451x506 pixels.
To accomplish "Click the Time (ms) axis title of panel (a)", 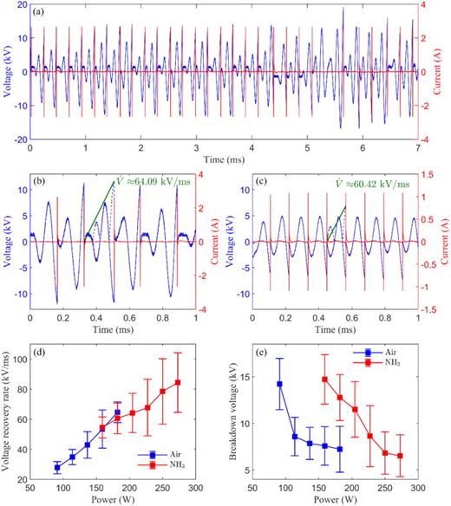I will [225, 160].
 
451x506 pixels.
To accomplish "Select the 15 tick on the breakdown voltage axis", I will [265, 377].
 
